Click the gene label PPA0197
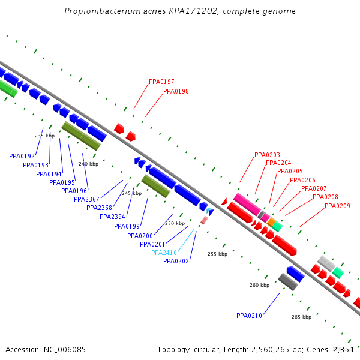tap(161, 82)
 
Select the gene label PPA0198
tap(176, 92)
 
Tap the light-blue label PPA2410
tap(164, 253)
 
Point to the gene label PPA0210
tap(249, 316)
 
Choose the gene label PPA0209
tap(337, 206)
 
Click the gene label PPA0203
tap(267, 155)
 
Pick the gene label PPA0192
tap(22, 156)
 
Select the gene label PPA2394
tap(112, 217)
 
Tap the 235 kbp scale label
tap(44, 136)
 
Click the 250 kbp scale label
tap(175, 223)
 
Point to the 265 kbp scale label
tap(301, 317)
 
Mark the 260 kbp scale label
tap(259, 285)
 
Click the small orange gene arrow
tap(271, 223)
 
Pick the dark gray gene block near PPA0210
tap(288, 281)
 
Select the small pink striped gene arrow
tap(204, 220)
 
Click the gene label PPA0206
tap(302, 180)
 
